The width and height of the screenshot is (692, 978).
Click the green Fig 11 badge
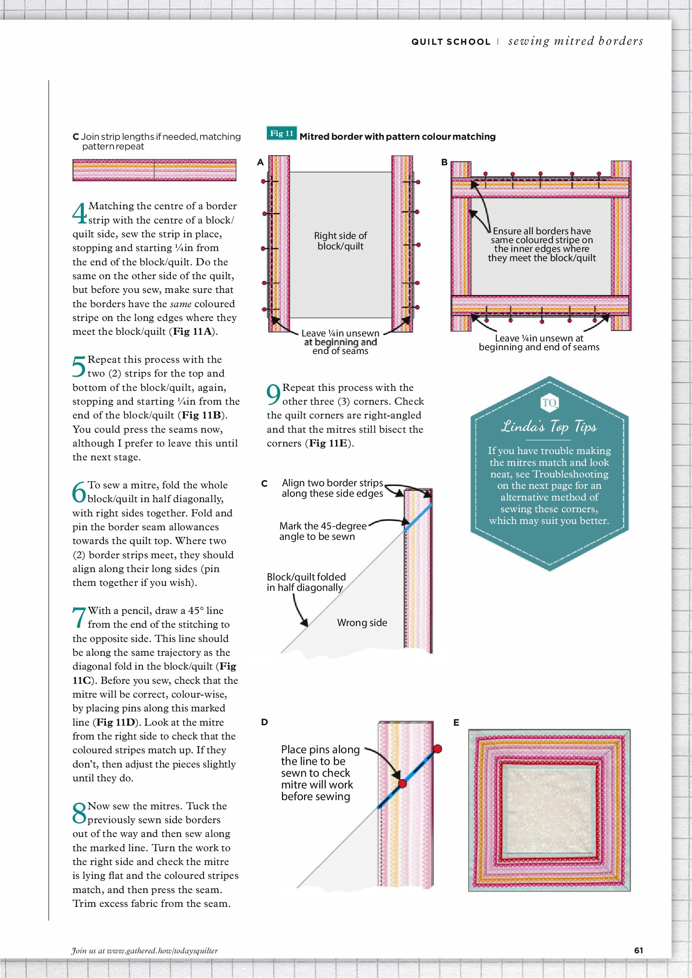pos(281,133)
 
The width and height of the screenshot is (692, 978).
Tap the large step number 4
pos(80,213)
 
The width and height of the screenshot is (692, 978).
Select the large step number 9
pos(274,394)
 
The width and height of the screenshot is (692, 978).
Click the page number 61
pos(638,950)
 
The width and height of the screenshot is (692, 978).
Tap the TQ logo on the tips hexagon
pos(549,403)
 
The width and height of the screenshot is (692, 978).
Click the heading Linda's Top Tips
pos(549,426)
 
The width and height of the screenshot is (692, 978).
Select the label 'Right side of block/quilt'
pos(340,241)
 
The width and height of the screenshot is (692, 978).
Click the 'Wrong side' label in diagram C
pos(362,623)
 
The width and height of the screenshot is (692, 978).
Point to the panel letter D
pos(264,722)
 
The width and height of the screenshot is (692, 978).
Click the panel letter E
pos(456,722)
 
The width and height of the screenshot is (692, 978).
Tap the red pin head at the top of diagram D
pos(437,748)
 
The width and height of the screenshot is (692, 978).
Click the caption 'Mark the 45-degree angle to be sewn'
pos(323,531)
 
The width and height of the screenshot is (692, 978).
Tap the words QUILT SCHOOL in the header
pos(451,42)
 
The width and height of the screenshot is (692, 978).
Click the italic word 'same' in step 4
pos(181,304)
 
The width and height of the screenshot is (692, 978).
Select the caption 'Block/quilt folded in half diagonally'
pos(306,582)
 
